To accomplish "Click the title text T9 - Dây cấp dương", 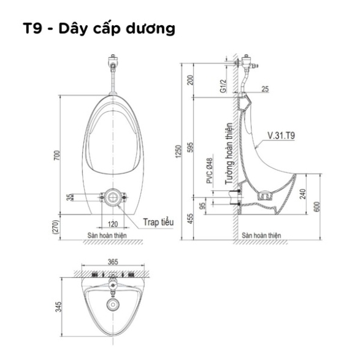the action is coord(99,29).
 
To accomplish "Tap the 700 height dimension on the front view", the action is coord(57,155).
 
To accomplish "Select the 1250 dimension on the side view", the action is coord(178,151).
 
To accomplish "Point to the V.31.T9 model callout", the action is coord(281,136).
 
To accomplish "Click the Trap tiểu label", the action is coord(158,222).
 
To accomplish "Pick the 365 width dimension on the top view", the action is coord(113,262).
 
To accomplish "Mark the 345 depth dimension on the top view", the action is coord(58,307).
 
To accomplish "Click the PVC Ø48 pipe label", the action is coord(210,171).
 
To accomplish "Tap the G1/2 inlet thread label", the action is coord(223,86).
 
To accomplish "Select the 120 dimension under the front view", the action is coord(113,224).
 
